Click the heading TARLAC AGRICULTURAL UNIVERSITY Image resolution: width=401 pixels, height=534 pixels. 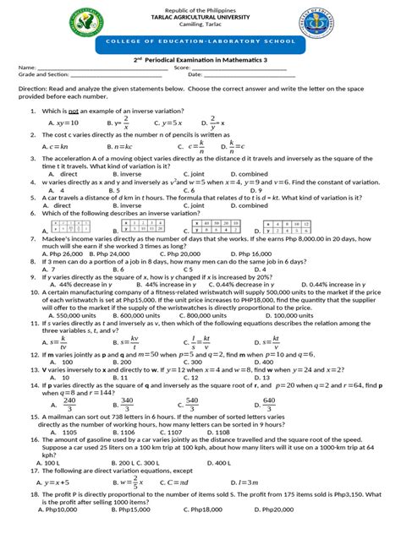pyautogui.click(x=200, y=18)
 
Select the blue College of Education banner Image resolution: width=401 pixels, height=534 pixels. pyautogui.click(x=200, y=52)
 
